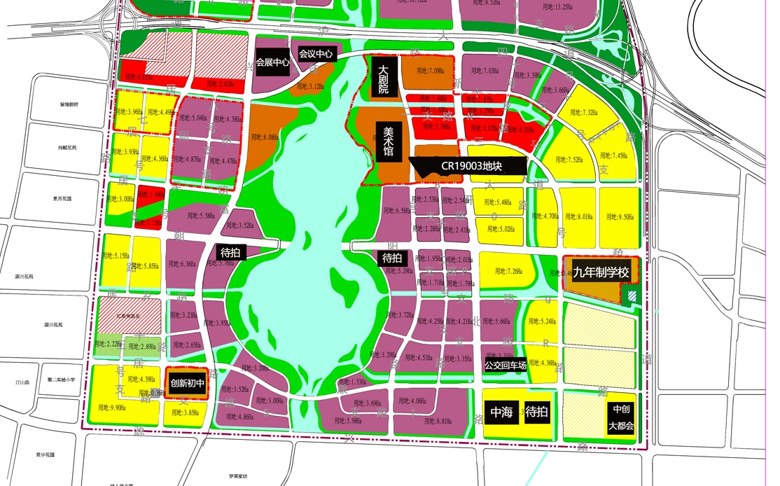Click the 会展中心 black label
click(x=273, y=62)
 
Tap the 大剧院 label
click(x=384, y=81)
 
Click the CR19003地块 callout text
click(x=473, y=166)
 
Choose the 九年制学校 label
click(x=601, y=272)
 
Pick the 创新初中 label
click(x=187, y=384)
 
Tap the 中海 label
click(x=502, y=412)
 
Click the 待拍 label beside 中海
click(x=537, y=412)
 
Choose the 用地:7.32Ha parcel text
click(x=589, y=113)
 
